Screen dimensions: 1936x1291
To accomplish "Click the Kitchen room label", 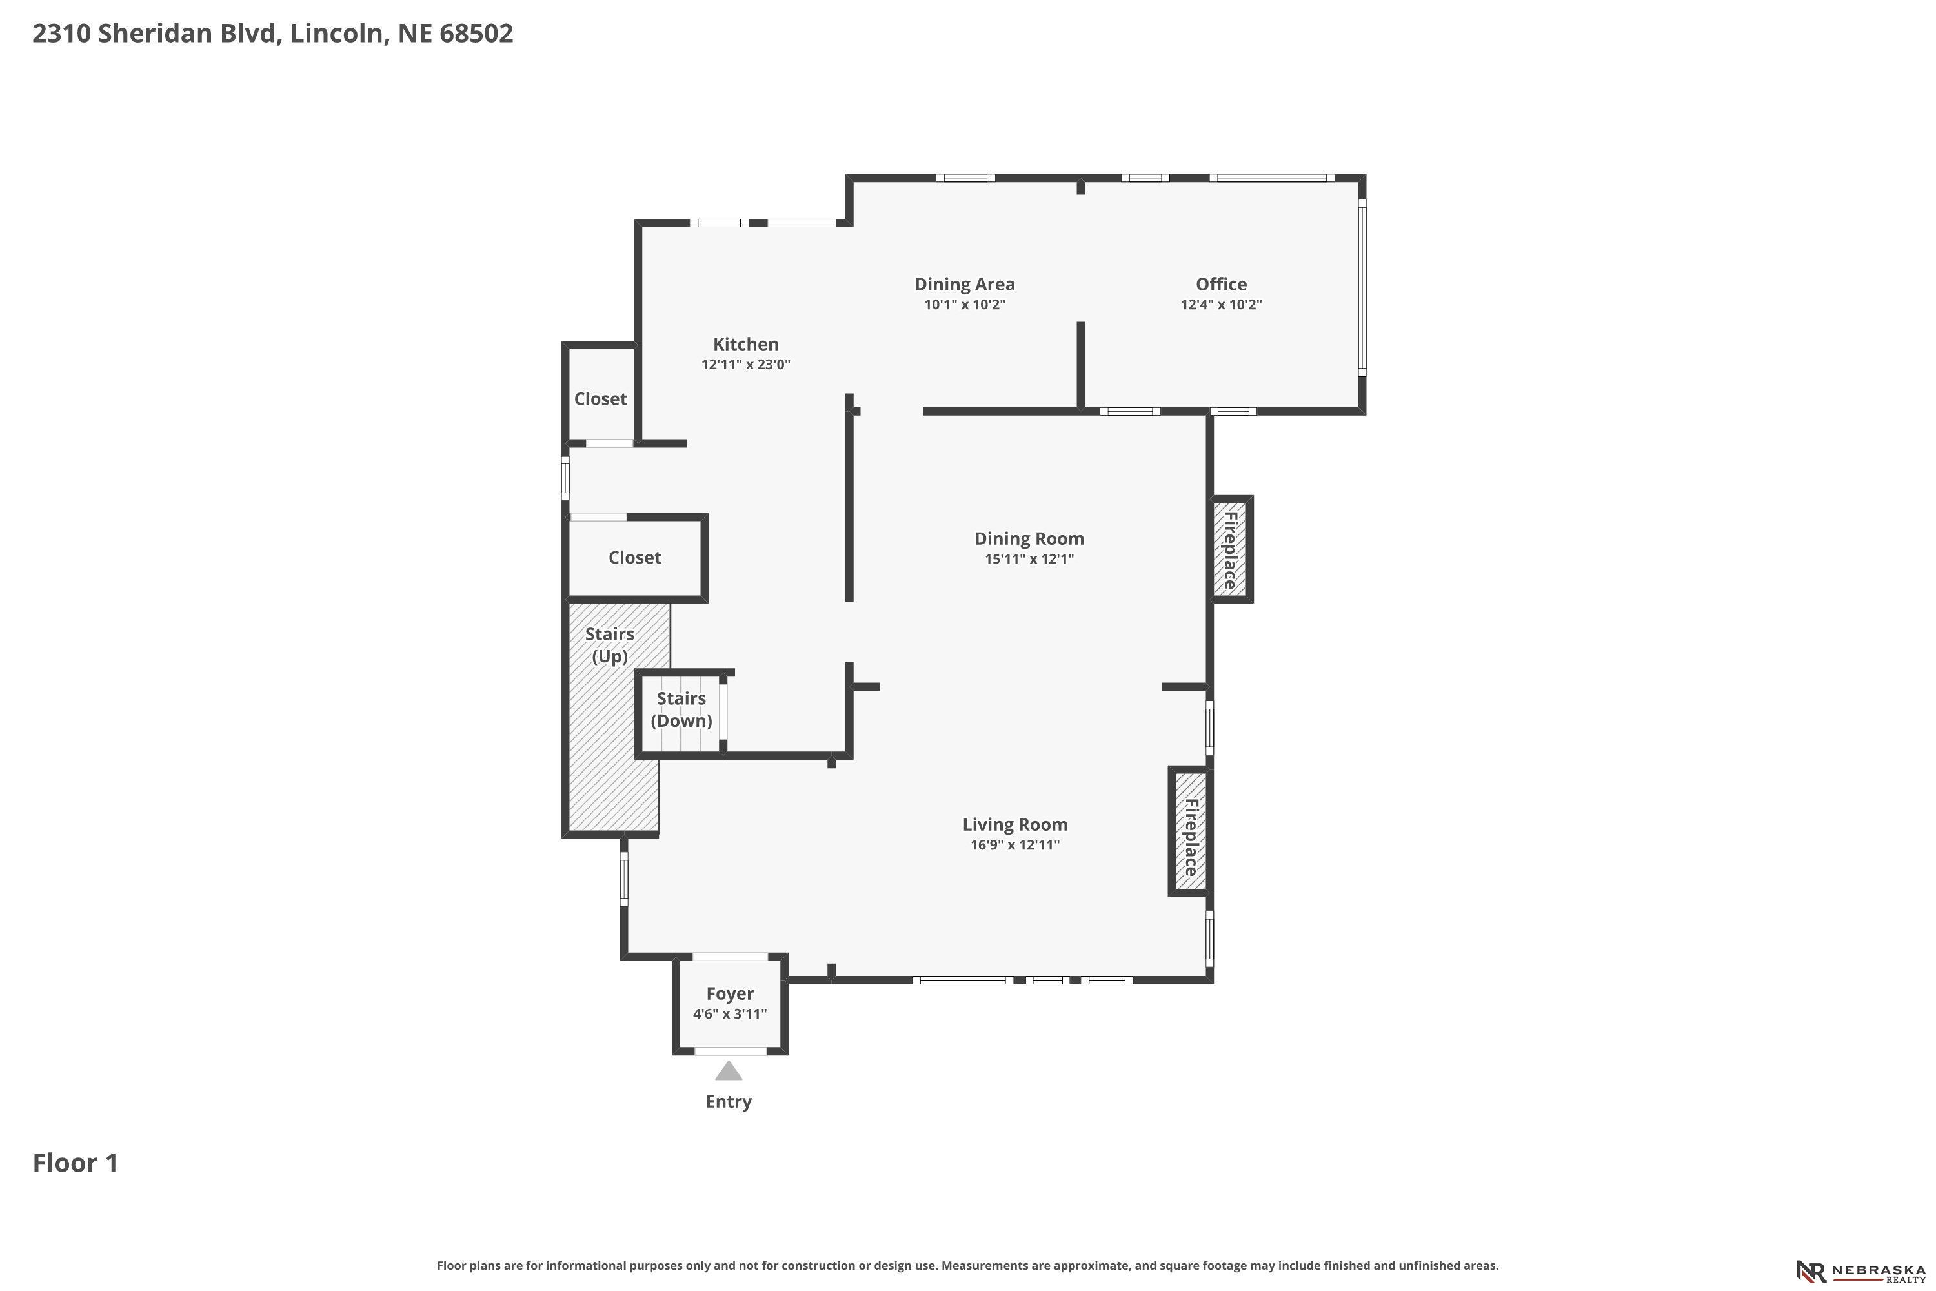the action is pyautogui.click(x=746, y=344).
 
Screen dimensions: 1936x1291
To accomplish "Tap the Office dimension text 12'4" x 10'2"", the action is pyautogui.click(x=1222, y=305).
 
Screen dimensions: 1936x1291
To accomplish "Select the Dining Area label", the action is pyautogui.click(x=965, y=284).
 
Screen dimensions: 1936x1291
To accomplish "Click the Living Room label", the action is pyautogui.click(x=1015, y=824).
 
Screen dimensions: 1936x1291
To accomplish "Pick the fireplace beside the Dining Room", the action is pyautogui.click(x=1231, y=549).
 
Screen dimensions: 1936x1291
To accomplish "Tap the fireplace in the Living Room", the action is pyautogui.click(x=1190, y=831).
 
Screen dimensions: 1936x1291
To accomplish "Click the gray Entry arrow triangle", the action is pyautogui.click(x=729, y=1070).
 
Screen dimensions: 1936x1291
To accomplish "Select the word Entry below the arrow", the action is pyautogui.click(x=729, y=1102).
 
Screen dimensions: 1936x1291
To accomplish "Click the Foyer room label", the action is pyautogui.click(x=730, y=994).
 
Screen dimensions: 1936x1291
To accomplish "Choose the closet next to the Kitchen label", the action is pyautogui.click(x=600, y=394).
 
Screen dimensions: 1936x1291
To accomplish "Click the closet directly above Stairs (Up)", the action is pyautogui.click(x=634, y=558).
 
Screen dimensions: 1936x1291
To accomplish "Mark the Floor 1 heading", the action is pyautogui.click(x=76, y=1163).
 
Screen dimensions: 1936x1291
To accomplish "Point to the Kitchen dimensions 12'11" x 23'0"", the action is pyautogui.click(x=746, y=365).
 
